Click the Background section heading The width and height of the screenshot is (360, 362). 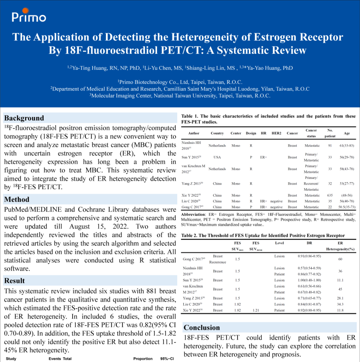(24, 118)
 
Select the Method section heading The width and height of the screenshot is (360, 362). (17, 199)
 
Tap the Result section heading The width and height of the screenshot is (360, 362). (15, 281)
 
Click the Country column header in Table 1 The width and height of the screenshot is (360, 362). (217, 133)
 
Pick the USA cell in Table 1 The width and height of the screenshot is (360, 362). (217, 157)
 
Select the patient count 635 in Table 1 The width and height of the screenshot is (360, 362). (330, 195)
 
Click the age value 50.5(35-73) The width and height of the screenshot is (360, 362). (346, 207)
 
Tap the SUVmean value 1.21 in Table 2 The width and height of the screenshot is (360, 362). (255, 310)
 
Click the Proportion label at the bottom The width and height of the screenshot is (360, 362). (143, 359)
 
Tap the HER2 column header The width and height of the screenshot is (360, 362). (277, 133)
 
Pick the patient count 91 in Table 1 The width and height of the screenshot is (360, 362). (330, 145)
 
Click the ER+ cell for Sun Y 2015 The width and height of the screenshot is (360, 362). (263, 157)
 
